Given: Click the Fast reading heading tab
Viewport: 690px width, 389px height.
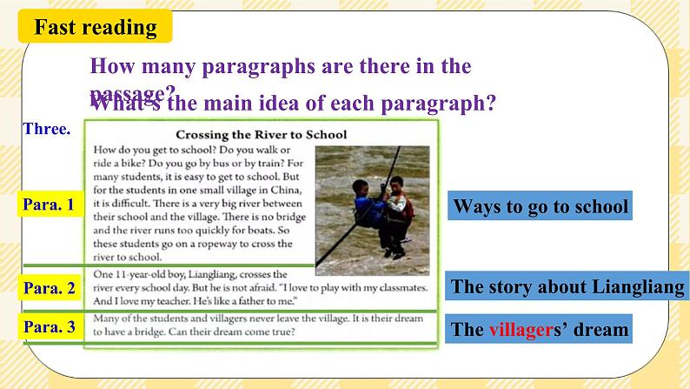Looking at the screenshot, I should [x=96, y=27].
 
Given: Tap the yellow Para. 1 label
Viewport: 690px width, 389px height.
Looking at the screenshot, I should [x=51, y=205].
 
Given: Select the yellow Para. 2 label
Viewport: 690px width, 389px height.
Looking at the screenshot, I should [x=51, y=287].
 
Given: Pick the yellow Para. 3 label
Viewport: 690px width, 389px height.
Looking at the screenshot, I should [x=51, y=328].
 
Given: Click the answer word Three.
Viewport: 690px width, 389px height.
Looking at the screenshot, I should [x=47, y=128].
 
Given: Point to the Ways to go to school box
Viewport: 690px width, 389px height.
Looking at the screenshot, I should [x=540, y=207].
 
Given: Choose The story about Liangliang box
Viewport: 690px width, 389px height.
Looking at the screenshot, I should [x=567, y=287].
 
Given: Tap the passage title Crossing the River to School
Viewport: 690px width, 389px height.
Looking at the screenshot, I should [x=261, y=135].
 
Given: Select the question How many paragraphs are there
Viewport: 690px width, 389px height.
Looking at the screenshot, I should [x=280, y=66].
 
